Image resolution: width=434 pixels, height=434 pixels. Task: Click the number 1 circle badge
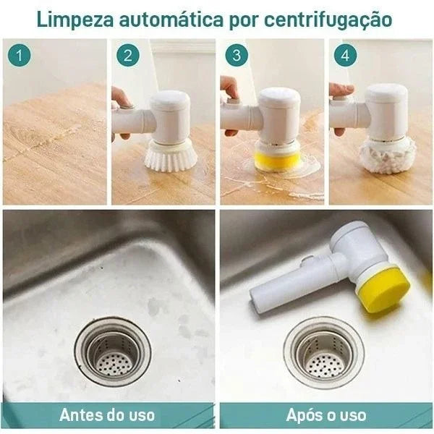click(20, 55)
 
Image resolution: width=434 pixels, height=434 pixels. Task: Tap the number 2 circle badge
click(128, 55)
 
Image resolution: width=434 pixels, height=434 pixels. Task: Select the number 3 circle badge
click(237, 55)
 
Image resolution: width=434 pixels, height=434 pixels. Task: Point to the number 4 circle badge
click(346, 55)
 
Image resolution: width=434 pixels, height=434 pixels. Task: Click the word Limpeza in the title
click(75, 20)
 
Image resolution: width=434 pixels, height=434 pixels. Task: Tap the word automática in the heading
click(171, 20)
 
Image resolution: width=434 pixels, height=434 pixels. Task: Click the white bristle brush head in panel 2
click(171, 156)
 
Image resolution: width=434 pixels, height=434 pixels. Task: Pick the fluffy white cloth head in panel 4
click(387, 155)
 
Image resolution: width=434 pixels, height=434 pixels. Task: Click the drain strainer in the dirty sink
click(114, 352)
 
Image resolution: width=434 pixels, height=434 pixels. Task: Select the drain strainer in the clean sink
click(324, 352)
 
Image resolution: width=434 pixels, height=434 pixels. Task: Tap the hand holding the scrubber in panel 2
click(120, 111)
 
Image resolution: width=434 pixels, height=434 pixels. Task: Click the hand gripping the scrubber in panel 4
click(339, 108)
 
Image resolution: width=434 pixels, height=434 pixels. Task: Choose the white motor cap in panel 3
click(279, 96)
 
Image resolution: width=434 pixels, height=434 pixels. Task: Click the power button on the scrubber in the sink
click(308, 260)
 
